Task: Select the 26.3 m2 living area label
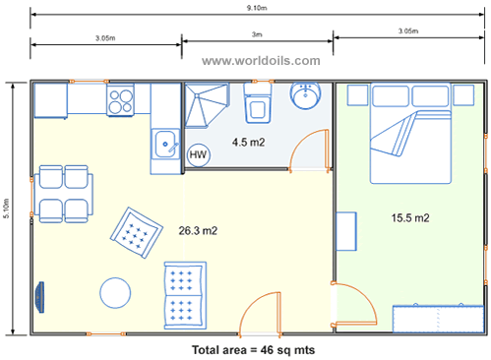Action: (197, 231)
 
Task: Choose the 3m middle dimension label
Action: (257, 35)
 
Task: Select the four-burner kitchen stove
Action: (120, 100)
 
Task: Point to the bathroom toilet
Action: (259, 102)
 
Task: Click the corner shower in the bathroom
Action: (205, 104)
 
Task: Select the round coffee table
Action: (116, 292)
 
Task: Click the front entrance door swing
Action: (260, 313)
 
